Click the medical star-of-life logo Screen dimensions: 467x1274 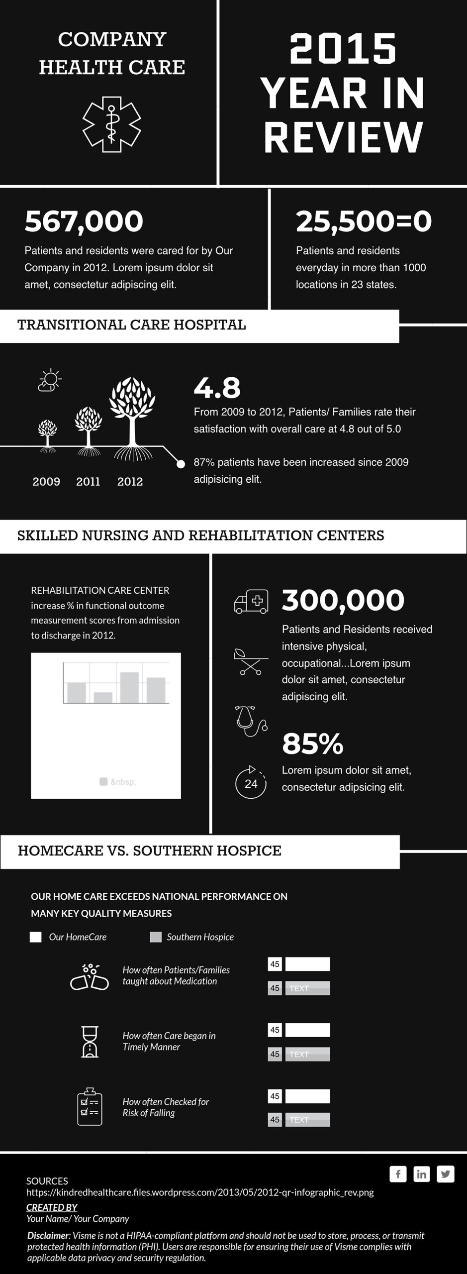[111, 124]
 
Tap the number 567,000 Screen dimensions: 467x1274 [84, 221]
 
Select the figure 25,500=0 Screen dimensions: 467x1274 [364, 221]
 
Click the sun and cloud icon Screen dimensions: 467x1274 [50, 381]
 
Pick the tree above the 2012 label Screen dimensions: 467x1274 [132, 416]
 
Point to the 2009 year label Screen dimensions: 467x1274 [46, 482]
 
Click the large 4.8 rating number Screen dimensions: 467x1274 [217, 388]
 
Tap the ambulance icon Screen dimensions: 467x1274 [251, 601]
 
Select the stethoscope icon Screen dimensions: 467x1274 [251, 721]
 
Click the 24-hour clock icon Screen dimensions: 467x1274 [251, 783]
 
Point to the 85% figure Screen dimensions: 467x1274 [312, 743]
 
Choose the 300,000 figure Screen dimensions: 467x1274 [343, 600]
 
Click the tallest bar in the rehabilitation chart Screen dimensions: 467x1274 [129, 687]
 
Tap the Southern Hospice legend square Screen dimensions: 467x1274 [156, 937]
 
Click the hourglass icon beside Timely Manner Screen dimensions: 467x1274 [90, 1042]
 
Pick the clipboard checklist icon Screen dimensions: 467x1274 [90, 1107]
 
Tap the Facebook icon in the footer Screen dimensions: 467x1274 [398, 1174]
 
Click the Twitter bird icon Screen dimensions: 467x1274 [445, 1174]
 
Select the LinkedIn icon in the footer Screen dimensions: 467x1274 [421, 1174]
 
